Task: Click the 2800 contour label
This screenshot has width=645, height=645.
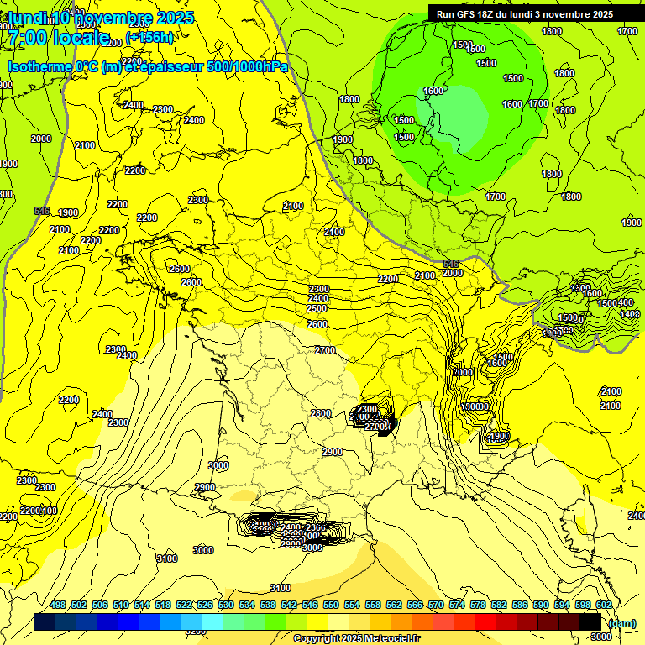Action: coord(320,413)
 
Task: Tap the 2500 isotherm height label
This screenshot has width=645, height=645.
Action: coord(317,308)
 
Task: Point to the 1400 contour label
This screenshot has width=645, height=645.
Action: coord(629,314)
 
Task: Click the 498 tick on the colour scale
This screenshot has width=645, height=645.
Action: coord(58,605)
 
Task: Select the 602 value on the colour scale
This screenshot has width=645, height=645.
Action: coord(603,605)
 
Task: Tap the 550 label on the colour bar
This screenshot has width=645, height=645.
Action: coord(331,605)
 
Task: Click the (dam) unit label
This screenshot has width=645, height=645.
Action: coord(621,622)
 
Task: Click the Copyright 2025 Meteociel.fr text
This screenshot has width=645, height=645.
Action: coord(356,638)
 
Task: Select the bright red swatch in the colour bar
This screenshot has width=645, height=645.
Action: coord(485,621)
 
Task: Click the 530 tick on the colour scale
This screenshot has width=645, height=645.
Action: coord(226,605)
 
